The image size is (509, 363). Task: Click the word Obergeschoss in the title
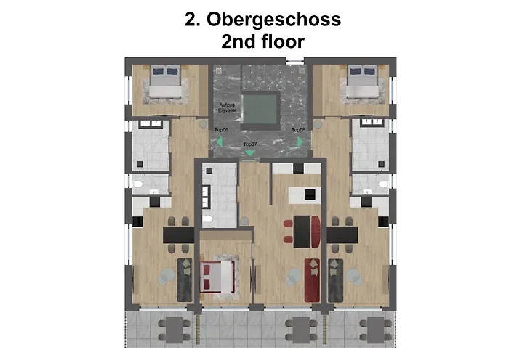click(x=273, y=20)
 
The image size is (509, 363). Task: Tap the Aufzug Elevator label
click(x=227, y=107)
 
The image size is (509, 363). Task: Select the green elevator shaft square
click(x=260, y=109)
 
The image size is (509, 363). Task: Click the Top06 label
click(x=221, y=130)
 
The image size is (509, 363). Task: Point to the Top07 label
click(x=250, y=144)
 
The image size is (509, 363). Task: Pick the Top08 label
click(x=298, y=130)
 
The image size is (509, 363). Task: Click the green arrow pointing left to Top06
click(x=220, y=142)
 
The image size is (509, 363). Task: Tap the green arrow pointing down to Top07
click(x=250, y=153)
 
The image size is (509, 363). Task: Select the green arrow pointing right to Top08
click(x=300, y=142)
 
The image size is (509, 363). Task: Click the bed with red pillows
click(x=217, y=277)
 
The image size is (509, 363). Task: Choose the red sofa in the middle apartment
click(x=312, y=280)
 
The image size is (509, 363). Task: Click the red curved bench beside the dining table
click(x=316, y=231)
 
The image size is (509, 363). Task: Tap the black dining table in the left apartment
click(x=179, y=235)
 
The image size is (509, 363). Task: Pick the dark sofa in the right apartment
click(x=336, y=280)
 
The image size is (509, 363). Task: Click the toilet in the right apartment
click(x=383, y=184)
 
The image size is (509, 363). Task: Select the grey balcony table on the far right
click(x=376, y=330)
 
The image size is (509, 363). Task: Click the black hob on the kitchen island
click(x=310, y=195)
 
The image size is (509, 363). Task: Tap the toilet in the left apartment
click(x=137, y=184)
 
